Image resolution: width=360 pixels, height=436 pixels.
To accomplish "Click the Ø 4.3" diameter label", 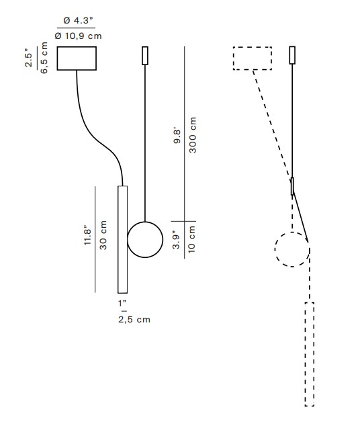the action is point(78,21).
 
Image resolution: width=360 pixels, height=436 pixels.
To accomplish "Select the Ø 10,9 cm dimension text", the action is point(78,36).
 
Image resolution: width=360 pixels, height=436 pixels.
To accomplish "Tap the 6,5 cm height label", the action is point(44,58).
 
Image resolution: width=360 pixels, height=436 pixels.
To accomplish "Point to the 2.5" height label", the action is point(29,58).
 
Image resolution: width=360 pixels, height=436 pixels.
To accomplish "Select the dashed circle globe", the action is point(275,249).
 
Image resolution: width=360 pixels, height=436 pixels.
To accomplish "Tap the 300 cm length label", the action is point(193,135).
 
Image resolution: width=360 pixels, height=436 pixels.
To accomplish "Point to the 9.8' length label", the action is point(177,136).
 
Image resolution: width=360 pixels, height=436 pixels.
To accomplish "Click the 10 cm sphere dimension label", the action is point(192,239).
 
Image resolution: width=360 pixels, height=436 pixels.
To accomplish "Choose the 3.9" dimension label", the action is point(176,240).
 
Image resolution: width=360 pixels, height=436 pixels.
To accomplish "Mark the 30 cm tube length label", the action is point(103,235).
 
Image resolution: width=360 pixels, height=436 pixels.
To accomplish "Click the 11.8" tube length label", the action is point(87,235).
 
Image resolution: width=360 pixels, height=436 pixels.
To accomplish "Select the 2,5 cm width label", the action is point(134,320).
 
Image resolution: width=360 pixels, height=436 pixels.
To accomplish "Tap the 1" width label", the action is point(122,304).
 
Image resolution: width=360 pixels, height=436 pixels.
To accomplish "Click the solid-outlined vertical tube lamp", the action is point(118,239).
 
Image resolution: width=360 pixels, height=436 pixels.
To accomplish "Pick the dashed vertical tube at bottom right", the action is point(305,354).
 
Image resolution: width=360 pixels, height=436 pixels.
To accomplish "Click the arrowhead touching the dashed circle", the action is point(307,239).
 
